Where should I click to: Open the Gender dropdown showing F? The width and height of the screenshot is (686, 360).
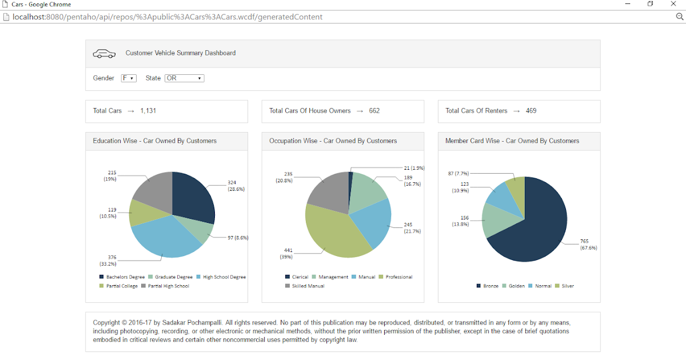point(129,78)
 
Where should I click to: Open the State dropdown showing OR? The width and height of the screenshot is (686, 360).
point(184,78)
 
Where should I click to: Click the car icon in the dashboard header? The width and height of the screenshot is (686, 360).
point(104,54)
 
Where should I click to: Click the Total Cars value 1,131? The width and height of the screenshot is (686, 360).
point(148,111)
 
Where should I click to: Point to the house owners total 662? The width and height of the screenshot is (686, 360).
point(374,111)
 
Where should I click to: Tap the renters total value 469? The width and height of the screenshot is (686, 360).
point(531,111)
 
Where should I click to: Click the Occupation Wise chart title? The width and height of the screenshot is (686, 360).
point(333,141)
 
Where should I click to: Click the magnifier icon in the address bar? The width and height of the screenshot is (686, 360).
point(680,17)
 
